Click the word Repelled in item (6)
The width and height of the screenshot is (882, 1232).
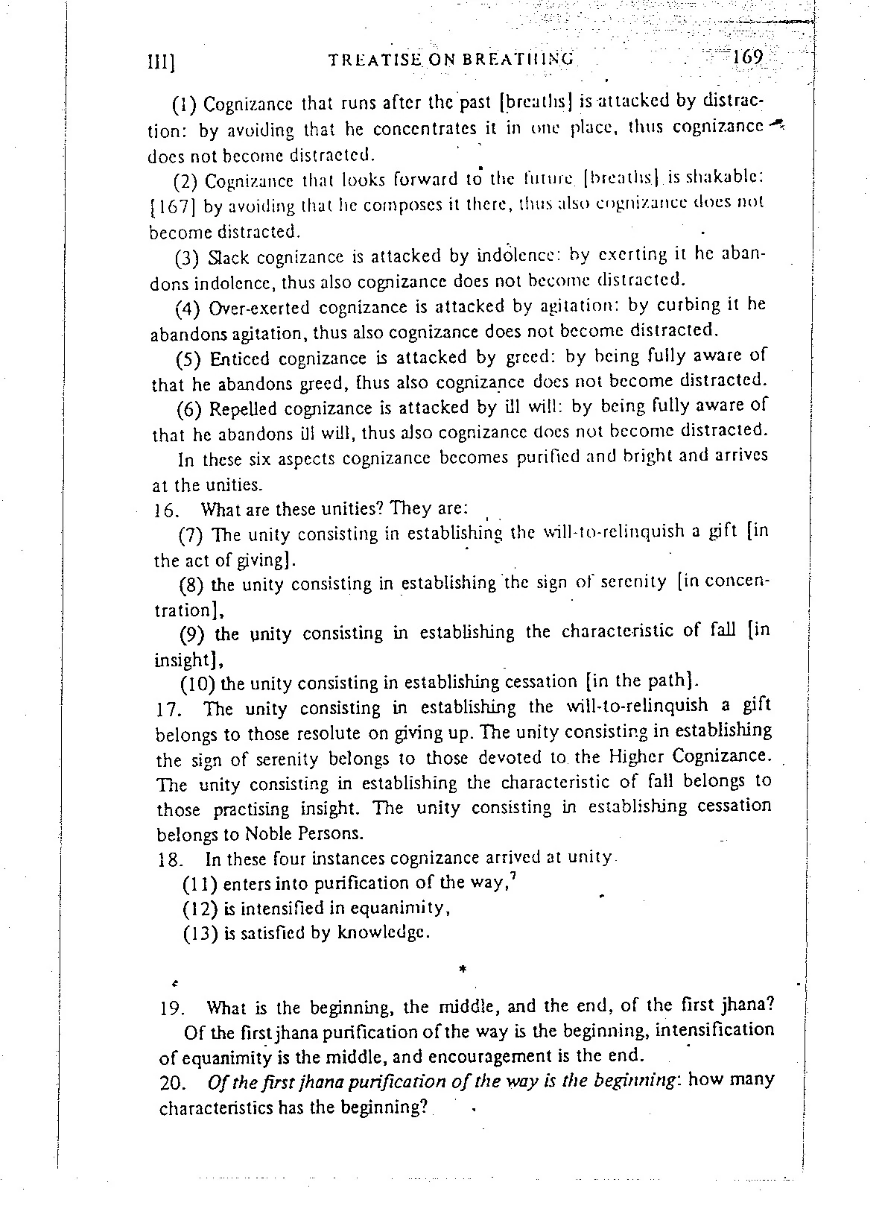coord(243,409)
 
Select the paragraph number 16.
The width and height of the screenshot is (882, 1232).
coord(163,511)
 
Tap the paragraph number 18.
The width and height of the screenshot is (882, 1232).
coord(171,859)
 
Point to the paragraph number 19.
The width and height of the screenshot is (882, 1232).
coord(172,1009)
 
